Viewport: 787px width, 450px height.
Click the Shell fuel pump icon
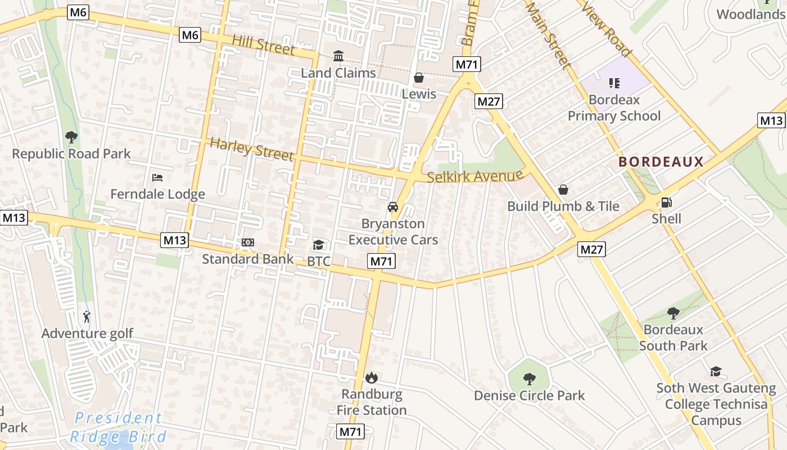pos(666,202)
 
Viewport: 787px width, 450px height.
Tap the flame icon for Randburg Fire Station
pos(371,377)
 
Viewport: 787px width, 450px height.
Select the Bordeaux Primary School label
pos(614,108)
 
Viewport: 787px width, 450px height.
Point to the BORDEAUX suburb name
pos(661,163)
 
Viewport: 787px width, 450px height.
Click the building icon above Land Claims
pos(338,56)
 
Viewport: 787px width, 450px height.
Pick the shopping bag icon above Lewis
pos(419,78)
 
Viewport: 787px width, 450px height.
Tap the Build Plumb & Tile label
pos(563,206)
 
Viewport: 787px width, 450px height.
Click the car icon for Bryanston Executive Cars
pos(393,207)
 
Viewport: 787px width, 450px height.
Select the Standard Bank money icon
pos(248,242)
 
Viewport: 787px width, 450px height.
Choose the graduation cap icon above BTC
pos(318,245)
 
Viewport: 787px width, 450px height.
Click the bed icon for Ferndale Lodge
pos(157,178)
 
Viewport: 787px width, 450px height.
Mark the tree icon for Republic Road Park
pos(71,137)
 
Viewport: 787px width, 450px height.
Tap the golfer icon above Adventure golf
pos(87,317)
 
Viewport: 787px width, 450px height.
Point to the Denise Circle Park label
pos(529,395)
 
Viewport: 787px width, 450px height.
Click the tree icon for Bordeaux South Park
pos(673,313)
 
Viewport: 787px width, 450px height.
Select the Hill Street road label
pos(263,44)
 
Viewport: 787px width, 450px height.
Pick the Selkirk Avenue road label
pos(475,177)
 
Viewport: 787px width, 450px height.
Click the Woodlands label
pos(750,14)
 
